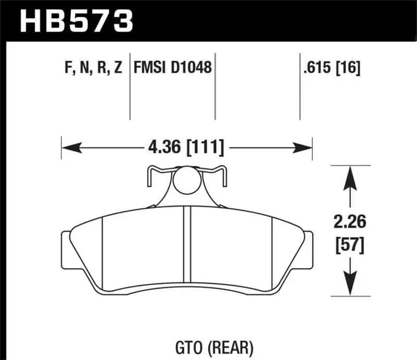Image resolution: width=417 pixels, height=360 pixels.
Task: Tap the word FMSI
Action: click(x=152, y=68)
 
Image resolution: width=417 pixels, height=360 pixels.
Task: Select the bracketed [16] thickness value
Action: click(x=349, y=68)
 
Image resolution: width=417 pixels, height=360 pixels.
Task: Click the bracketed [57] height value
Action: click(x=348, y=244)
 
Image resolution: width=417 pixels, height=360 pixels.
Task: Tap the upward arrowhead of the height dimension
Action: click(x=348, y=173)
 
